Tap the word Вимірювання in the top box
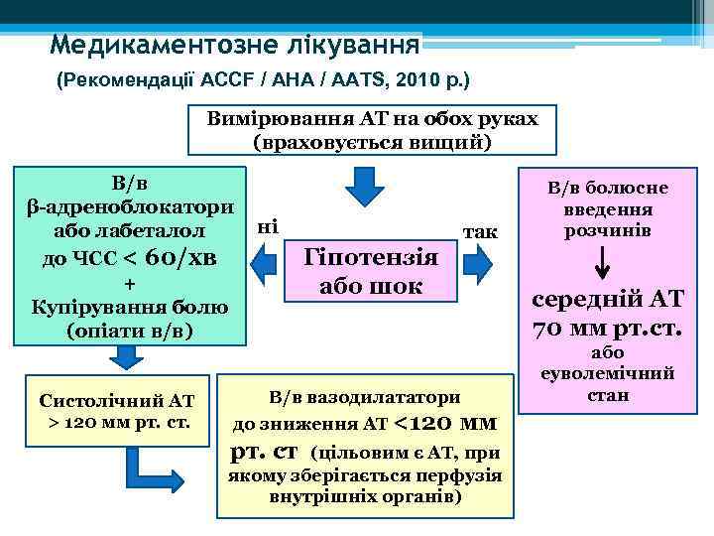(x=270, y=119)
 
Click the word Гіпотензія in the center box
(x=371, y=257)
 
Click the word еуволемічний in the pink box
(x=607, y=374)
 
